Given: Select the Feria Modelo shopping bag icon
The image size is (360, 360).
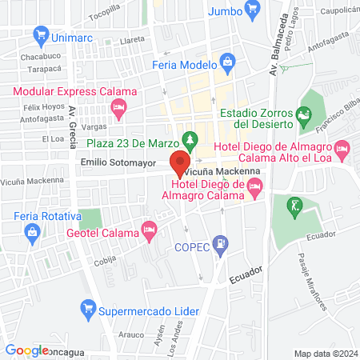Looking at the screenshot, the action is click(226, 62).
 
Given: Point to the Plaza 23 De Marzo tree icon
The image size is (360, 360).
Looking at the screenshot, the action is click(190, 138).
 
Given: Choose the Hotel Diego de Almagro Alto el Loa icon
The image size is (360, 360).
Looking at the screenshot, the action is click(342, 148).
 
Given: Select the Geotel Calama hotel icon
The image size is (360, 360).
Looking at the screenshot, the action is click(148, 231).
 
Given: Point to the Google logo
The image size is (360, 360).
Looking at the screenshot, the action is click(26, 350).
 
